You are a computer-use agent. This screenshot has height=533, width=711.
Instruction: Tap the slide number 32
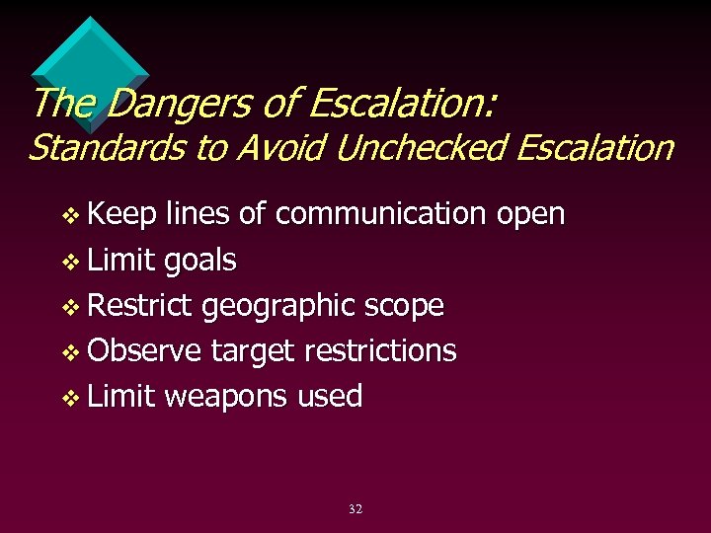click(355, 509)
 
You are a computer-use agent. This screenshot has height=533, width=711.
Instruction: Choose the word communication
click(380, 214)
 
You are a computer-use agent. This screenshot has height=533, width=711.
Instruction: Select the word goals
click(200, 262)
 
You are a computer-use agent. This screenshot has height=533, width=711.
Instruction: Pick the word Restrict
click(140, 306)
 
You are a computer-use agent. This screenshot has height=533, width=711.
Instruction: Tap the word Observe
click(144, 351)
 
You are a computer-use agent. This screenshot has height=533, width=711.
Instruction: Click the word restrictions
click(380, 351)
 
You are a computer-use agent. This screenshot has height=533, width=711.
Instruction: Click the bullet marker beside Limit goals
click(68, 263)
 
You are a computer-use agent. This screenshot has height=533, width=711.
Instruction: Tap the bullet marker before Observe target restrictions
click(68, 353)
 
